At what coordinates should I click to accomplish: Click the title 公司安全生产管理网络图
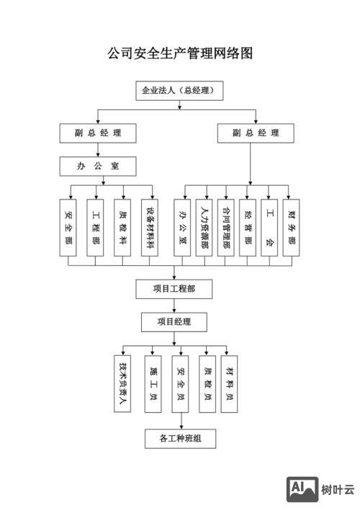tap(180, 54)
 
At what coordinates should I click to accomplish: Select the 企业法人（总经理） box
tap(179, 91)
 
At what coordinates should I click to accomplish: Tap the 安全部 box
tap(70, 227)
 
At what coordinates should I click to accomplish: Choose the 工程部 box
tap(96, 227)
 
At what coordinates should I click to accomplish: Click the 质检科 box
tap(123, 227)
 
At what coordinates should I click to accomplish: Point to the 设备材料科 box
tap(150, 227)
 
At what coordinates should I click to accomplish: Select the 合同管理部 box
tap(226, 227)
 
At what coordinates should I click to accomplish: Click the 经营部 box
tap(248, 227)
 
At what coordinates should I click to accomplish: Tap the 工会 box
tap(270, 227)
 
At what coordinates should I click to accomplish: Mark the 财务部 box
tap(292, 227)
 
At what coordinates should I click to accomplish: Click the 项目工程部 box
tap(174, 289)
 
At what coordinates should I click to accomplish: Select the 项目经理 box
tap(174, 321)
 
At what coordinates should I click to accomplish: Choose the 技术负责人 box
tap(122, 382)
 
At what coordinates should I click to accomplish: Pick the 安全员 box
tap(181, 382)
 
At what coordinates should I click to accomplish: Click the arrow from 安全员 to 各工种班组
tap(181, 421)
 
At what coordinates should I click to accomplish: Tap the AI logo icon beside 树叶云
tap(302, 489)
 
